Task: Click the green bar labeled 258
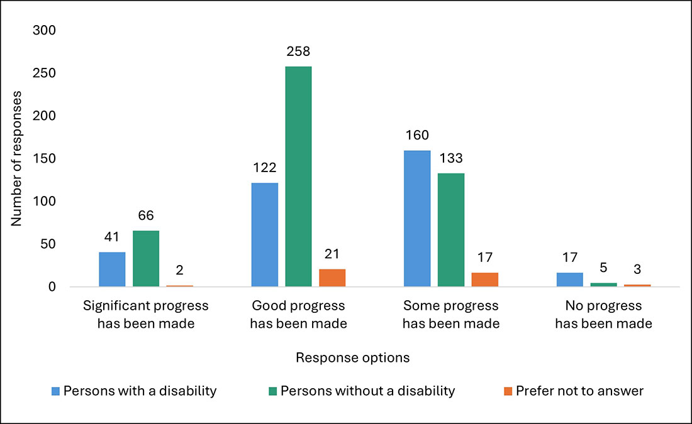298,177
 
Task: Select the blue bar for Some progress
417,219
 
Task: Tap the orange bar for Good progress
332,278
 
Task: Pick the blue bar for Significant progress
112,269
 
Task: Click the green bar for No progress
603,285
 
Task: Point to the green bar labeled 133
451,230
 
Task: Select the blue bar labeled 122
264,235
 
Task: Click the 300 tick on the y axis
45,31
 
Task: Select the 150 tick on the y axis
45,159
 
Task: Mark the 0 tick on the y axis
53,287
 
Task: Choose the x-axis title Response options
352,357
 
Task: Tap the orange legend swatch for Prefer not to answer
508,391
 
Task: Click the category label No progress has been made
603,315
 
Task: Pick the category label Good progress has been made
298,315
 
